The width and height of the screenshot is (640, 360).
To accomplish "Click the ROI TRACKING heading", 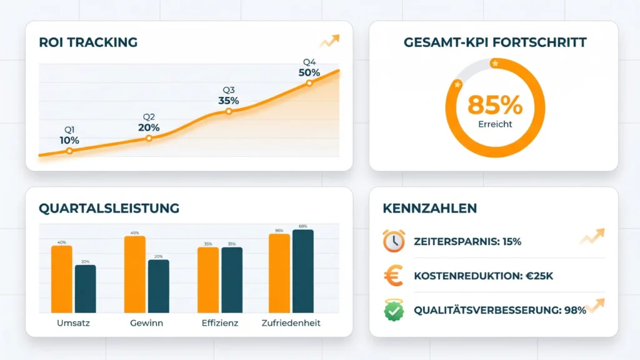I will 88,42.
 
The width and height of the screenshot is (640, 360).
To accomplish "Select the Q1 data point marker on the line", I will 69,151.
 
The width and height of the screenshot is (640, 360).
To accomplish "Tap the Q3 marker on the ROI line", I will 229,111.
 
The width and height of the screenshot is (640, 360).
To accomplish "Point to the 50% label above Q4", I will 309,72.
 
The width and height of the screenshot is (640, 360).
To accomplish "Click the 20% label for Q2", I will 149,127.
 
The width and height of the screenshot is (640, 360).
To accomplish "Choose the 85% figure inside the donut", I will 495,105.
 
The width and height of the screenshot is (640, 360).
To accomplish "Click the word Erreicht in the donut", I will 495,124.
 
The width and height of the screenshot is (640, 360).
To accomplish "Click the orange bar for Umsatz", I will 62,279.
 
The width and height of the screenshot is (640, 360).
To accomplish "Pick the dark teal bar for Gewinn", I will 159,286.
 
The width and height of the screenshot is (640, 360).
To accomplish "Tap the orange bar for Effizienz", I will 208,280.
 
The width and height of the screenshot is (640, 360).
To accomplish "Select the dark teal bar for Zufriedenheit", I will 303,271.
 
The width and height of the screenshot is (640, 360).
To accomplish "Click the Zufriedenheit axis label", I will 292,324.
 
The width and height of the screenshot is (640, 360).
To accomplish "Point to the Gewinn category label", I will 147,324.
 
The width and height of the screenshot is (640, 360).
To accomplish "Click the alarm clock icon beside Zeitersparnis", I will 394,241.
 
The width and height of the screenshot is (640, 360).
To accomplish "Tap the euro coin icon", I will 394,276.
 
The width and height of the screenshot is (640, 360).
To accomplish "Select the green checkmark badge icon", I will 394,309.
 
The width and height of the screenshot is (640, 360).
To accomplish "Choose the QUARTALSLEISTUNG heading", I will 109,208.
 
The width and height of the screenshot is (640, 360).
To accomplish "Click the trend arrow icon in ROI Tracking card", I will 329,41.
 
